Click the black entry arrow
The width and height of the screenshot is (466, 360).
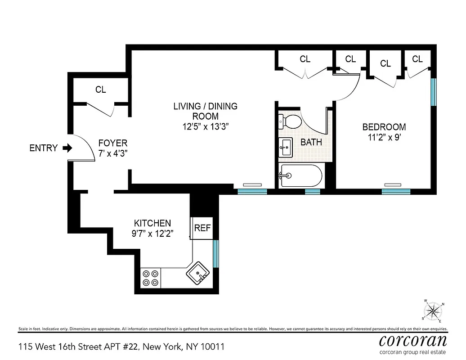pyautogui.click(x=67, y=148)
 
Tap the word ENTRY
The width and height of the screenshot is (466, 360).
pyautogui.click(x=44, y=148)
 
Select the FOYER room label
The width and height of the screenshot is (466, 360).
pyautogui.click(x=113, y=143)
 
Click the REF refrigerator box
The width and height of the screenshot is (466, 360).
pyautogui.click(x=202, y=228)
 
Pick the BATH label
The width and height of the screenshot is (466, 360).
pyautogui.click(x=311, y=143)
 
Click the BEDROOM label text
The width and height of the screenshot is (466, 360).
pyautogui.click(x=384, y=127)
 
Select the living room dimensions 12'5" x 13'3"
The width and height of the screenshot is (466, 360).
pyautogui.click(x=205, y=126)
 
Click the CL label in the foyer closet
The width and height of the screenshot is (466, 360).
pyautogui.click(x=101, y=90)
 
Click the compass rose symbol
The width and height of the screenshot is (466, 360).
pyautogui.click(x=433, y=310)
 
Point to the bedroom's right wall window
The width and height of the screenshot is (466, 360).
pyautogui.click(x=434, y=92)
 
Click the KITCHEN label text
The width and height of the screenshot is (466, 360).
pyautogui.click(x=152, y=223)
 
